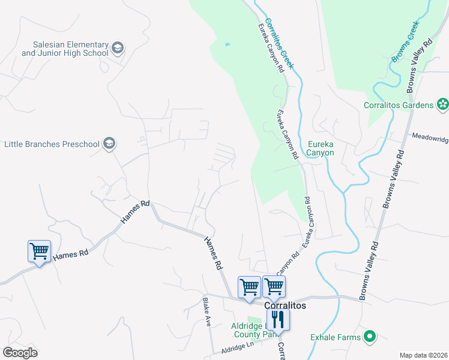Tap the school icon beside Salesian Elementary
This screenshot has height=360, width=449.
pyautogui.click(x=118, y=47)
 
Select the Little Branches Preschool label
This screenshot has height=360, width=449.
pyautogui.click(x=51, y=144)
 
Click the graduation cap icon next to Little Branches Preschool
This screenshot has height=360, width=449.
pyautogui.click(x=109, y=143)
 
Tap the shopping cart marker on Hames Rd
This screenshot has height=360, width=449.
pyautogui.click(x=39, y=251)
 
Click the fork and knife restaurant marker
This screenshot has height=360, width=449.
pyautogui.click(x=278, y=319)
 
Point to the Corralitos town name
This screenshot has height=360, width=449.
pyautogui.click(x=285, y=305)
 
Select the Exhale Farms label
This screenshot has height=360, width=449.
pyautogui.click(x=336, y=337)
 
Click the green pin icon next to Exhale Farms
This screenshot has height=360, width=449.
pyautogui.click(x=370, y=337)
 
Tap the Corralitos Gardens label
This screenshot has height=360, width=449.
pyautogui.click(x=399, y=105)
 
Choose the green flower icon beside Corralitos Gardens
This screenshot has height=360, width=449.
pyautogui.click(x=443, y=104)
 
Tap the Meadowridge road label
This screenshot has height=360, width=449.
pyautogui.click(x=430, y=137)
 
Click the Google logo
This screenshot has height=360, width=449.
pyautogui.click(x=20, y=353)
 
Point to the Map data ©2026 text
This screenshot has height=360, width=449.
pyautogui.click(x=424, y=355)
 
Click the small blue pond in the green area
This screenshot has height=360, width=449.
pyautogui.click(x=227, y=44)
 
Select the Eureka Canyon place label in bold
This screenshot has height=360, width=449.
pyautogui.click(x=320, y=148)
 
